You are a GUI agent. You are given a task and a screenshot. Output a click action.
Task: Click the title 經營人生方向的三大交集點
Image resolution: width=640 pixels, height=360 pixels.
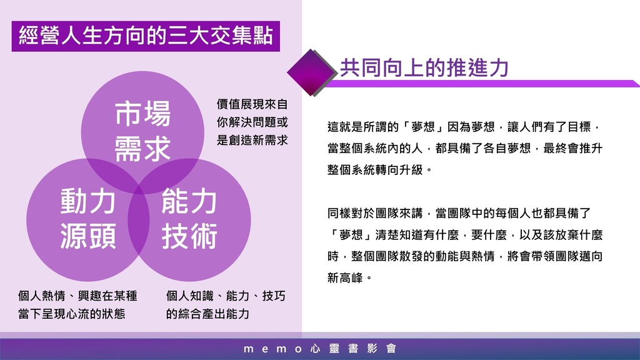pyautogui.click(x=146, y=36)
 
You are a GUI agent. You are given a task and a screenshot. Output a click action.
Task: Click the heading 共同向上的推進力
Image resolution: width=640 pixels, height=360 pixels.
pyautogui.click(x=424, y=67)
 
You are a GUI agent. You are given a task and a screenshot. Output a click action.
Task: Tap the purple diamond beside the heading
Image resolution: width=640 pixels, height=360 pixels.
pyautogui.click(x=311, y=72)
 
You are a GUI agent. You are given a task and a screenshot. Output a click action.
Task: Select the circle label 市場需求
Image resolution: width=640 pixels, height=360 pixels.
pyautogui.click(x=142, y=131)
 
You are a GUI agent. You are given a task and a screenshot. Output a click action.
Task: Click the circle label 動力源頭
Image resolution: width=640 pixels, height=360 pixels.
pyautogui.click(x=87, y=218)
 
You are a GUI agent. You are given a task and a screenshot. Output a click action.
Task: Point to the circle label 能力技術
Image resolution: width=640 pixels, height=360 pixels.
pyautogui.click(x=189, y=218)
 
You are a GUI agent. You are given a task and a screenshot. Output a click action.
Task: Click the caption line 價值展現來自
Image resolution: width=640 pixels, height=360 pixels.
pyautogui.click(x=252, y=104)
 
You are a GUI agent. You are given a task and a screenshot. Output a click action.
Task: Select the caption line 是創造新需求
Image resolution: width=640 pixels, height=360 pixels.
pyautogui.click(x=252, y=140)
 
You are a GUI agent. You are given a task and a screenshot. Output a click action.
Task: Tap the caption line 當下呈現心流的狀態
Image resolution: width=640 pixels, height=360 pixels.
pyautogui.click(x=72, y=314)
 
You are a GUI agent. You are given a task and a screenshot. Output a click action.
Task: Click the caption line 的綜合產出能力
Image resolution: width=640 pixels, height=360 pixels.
pyautogui.click(x=207, y=314)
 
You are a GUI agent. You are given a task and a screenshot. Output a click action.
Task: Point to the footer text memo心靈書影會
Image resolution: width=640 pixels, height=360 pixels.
pyautogui.click(x=320, y=349)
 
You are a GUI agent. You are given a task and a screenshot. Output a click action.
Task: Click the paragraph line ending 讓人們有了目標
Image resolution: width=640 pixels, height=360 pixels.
pyautogui.click(x=464, y=127)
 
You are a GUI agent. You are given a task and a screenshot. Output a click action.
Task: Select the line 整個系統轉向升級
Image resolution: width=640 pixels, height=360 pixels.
pyautogui.click(x=379, y=169)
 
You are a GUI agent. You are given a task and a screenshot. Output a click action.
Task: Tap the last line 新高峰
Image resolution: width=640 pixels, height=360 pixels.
pyautogui.click(x=350, y=278)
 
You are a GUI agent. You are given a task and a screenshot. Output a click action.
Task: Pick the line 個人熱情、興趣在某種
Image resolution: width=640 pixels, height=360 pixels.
pyautogui.click(x=77, y=296)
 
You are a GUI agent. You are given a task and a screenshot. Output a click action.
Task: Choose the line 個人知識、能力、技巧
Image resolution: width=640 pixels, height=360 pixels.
pyautogui.click(x=225, y=296)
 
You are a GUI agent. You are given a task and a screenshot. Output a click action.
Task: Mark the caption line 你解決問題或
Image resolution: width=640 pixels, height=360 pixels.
pyautogui.click(x=252, y=122)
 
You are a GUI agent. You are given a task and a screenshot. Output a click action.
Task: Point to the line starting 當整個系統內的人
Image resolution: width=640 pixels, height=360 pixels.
pyautogui.click(x=465, y=148)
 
